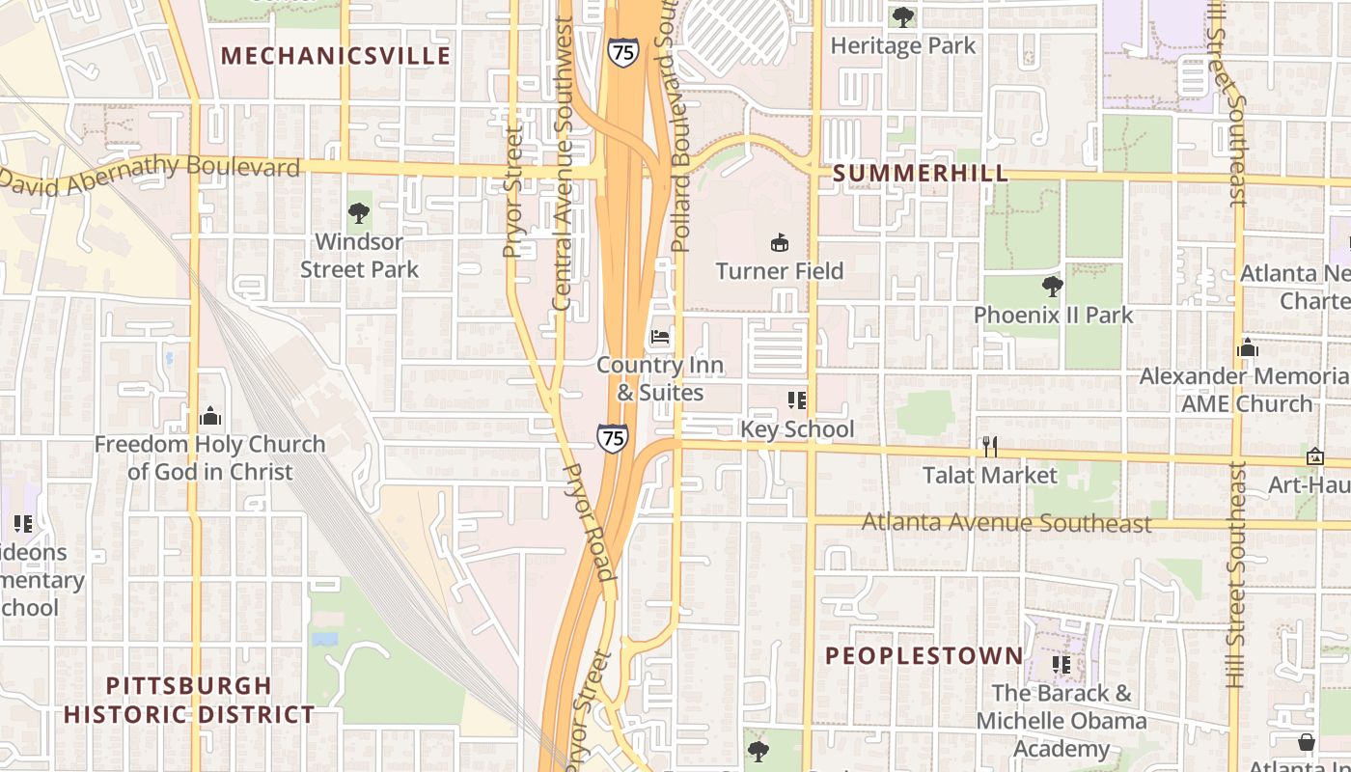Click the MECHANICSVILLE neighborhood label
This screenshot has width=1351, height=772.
336,56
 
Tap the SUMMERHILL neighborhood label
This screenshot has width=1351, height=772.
920,174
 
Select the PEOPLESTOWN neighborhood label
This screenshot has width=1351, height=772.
924,656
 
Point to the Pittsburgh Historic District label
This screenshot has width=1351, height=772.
189,701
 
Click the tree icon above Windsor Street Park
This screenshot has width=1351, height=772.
359,212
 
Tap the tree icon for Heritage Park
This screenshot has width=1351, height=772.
903,16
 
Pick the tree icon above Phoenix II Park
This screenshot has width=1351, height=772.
1053,286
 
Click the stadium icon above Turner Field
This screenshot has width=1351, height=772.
780,242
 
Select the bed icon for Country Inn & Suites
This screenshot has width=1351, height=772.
660,337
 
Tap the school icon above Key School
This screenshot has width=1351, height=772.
796,400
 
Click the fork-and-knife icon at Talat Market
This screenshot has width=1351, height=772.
989,446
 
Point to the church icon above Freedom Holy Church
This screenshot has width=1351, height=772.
210,416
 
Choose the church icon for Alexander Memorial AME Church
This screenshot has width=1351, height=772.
1247,347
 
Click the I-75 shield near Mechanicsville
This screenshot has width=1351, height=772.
623,52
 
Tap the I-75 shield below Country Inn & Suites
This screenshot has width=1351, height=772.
613,438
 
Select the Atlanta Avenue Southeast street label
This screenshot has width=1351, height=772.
1006,523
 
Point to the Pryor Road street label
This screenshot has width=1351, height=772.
589,521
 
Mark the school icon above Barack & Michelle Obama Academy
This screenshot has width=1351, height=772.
1061,664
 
